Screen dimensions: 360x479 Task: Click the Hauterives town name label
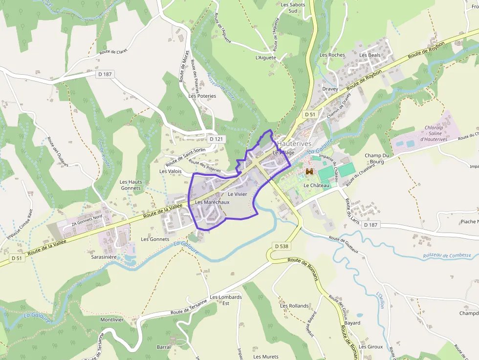[294, 144]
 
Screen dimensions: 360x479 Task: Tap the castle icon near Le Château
[309, 171]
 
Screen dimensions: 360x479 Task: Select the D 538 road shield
[282, 246]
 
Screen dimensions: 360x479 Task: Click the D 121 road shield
[216, 139]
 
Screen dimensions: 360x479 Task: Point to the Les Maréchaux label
[212, 202]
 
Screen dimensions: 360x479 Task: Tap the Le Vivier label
[238, 194]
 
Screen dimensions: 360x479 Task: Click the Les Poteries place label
[202, 96]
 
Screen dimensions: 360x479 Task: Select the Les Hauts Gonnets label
[131, 185]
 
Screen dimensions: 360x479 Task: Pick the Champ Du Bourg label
[377, 159]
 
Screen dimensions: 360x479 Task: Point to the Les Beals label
[370, 55]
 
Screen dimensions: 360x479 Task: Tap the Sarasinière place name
[104, 256]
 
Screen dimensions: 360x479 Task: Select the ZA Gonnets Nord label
[87, 223]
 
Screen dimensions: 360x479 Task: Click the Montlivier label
[112, 319]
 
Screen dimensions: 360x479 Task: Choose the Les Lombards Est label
[225, 300]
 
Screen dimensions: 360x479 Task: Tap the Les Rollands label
[294, 306]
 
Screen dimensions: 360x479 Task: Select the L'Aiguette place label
[266, 58]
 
